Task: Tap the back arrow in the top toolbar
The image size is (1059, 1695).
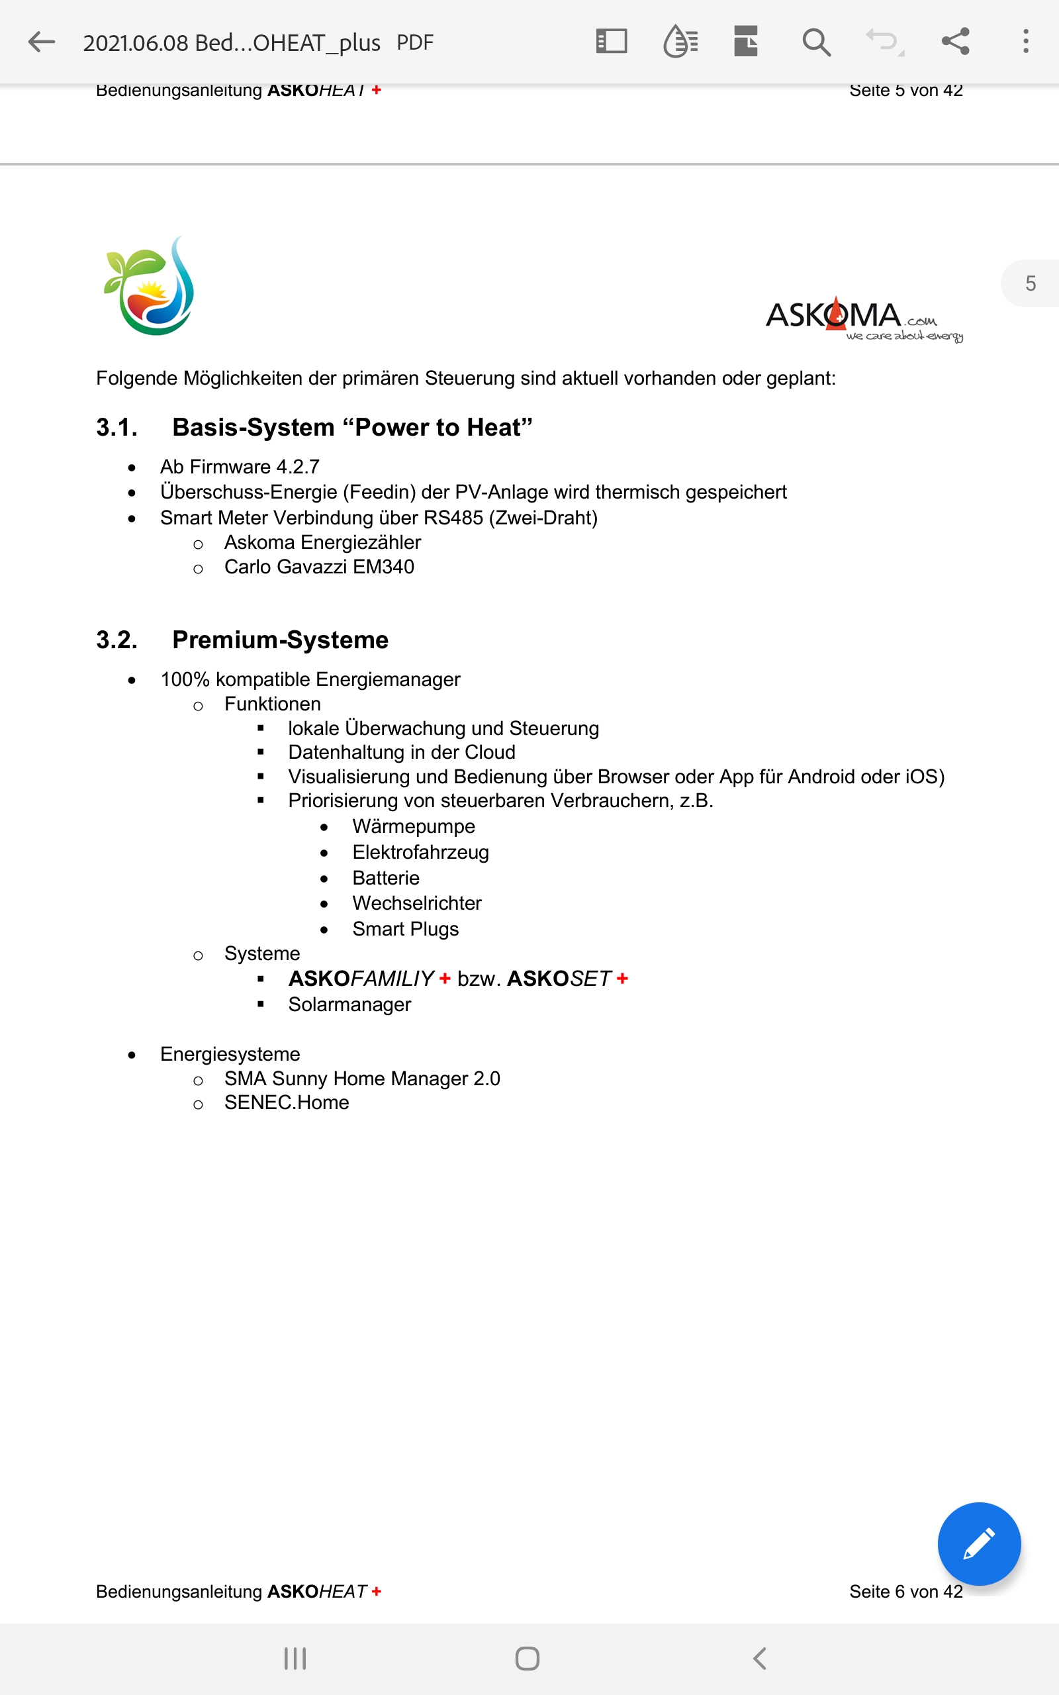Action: (x=41, y=42)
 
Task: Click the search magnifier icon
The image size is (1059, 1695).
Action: (x=816, y=42)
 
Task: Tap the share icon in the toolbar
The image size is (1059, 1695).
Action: (x=955, y=41)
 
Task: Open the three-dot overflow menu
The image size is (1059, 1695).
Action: (x=1025, y=41)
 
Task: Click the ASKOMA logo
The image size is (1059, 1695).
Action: (x=863, y=319)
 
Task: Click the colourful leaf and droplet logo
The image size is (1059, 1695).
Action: (x=149, y=287)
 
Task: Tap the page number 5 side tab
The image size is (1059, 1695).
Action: (x=1031, y=283)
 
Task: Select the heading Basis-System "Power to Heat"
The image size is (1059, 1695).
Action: (x=352, y=427)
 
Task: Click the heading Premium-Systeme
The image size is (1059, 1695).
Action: (x=280, y=640)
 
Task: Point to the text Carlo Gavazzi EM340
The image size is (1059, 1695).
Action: (x=318, y=567)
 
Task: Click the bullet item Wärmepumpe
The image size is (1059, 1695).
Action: (x=413, y=826)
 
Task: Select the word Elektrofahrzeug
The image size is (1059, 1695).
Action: (x=420, y=852)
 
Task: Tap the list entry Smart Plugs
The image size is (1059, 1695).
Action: (x=406, y=929)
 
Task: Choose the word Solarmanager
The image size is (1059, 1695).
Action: (x=349, y=1004)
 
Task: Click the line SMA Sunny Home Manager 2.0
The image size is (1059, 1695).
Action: (x=362, y=1079)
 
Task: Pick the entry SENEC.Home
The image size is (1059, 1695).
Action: (x=287, y=1102)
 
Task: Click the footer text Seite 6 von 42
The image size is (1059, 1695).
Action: (x=905, y=1591)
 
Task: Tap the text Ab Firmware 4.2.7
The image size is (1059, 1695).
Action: (x=240, y=467)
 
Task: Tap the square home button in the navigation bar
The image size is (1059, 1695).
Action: (x=528, y=1658)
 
